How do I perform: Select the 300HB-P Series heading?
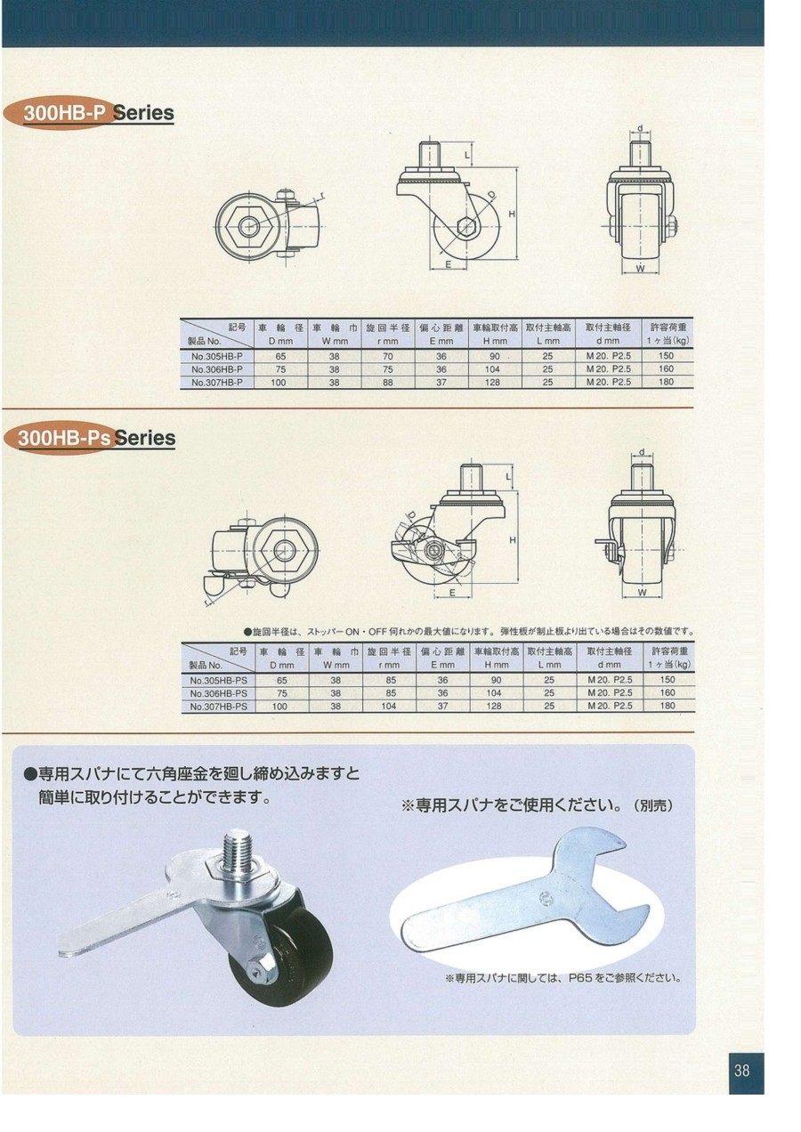tap(99, 113)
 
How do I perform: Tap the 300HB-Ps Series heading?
tap(96, 438)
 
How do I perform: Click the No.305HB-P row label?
tap(217, 356)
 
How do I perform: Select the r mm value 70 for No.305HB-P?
tap(388, 356)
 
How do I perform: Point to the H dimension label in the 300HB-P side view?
tap(512, 214)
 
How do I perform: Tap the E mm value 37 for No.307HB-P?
tap(441, 383)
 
